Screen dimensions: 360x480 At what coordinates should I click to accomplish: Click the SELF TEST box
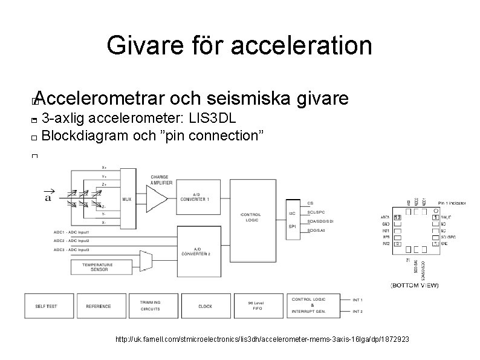47,306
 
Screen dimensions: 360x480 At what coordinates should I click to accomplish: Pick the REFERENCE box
98,306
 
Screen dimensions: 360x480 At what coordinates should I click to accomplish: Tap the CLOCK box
204,306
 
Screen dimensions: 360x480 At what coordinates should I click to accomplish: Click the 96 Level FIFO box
257,306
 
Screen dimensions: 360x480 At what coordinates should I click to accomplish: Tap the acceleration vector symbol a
48,195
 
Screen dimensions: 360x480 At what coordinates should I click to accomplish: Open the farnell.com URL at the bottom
262,341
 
